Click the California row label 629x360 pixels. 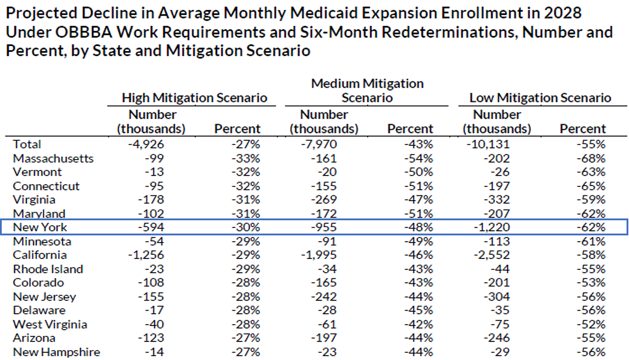tap(40, 255)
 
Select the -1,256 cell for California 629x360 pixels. tap(146, 255)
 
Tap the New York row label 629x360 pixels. tap(40, 227)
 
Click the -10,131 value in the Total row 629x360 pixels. tap(488, 144)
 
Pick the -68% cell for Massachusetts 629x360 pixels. tap(591, 158)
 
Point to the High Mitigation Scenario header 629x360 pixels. tap(194, 98)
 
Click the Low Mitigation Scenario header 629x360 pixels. tap(540, 98)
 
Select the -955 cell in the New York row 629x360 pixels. tap(324, 227)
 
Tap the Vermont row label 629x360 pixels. tap(37, 172)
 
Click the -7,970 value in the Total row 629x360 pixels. tap(319, 144)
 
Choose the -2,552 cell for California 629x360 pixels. tap(492, 255)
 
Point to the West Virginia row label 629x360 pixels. tap(50, 324)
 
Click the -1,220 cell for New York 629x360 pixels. tap(492, 227)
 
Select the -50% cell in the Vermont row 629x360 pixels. tap(418, 172)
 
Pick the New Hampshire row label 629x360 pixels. tap(57, 352)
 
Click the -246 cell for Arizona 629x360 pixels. tap(496, 338)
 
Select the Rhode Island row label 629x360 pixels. tap(48, 269)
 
